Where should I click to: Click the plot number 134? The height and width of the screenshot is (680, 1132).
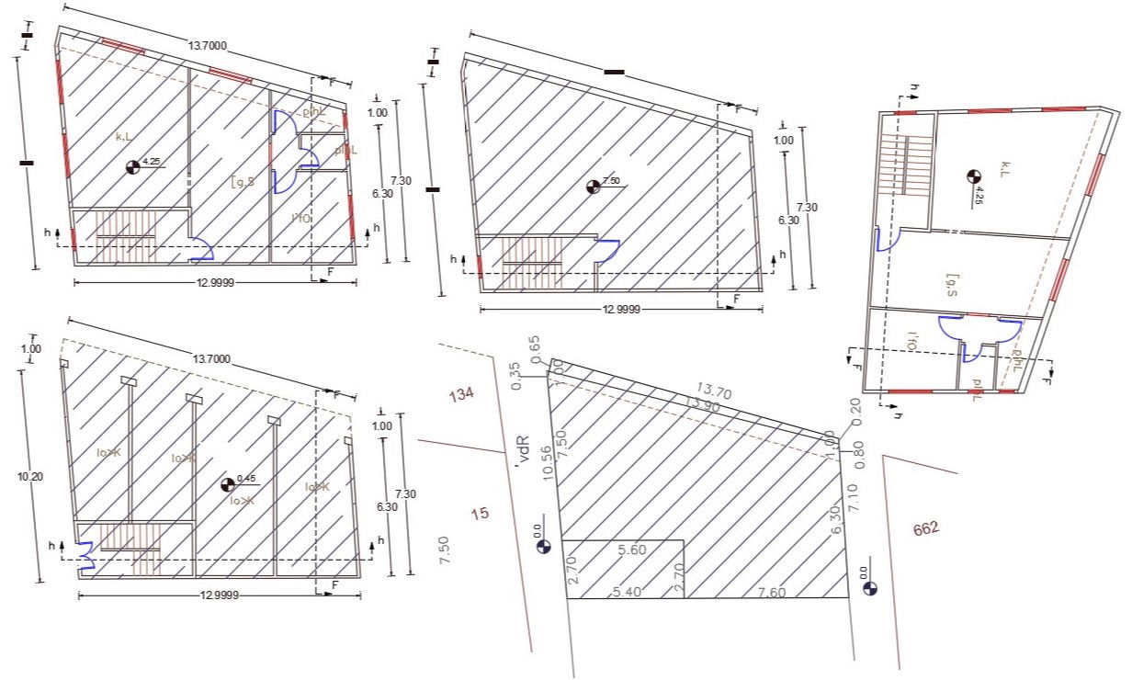point(460,395)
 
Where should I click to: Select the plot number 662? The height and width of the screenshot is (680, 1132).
point(926,529)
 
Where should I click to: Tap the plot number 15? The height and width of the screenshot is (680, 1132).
point(480,513)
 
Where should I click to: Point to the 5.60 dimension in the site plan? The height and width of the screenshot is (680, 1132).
point(633,550)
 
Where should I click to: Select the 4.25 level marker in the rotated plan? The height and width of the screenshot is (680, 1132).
point(973,175)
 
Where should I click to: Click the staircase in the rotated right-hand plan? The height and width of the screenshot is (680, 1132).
point(904,164)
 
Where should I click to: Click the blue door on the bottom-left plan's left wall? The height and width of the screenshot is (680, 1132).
point(86,556)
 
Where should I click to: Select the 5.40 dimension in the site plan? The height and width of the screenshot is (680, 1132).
point(626,592)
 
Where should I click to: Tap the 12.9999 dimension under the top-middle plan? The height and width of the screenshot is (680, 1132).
point(620,310)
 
